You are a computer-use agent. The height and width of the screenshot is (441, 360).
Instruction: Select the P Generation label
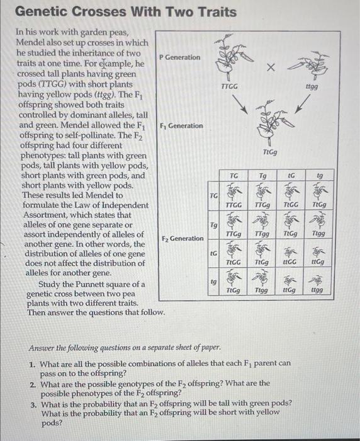tap(179, 57)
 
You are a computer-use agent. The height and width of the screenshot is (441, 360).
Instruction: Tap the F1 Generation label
tap(181, 125)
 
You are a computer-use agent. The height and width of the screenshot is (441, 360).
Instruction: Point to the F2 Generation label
tap(183, 239)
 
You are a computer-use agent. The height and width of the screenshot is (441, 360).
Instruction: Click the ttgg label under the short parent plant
tap(312, 88)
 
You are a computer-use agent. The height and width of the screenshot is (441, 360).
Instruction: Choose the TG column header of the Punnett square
tap(233, 176)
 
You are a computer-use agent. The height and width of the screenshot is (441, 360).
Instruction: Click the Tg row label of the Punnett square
tap(213, 224)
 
